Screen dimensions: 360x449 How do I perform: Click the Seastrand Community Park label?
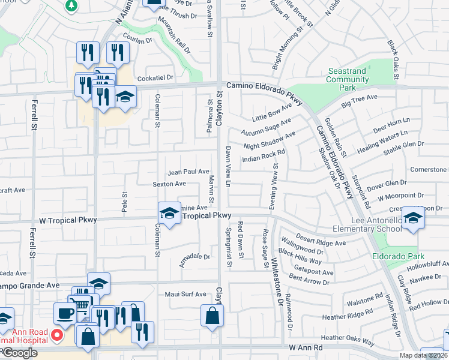point(347,79)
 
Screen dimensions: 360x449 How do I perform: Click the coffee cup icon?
point(65,313)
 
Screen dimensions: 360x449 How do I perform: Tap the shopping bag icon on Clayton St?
point(212,316)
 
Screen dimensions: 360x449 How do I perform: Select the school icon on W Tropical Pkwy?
point(169,213)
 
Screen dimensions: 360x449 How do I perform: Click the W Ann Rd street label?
point(306,347)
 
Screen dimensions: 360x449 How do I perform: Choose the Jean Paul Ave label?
point(188,172)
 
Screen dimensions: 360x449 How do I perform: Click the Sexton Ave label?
point(169,184)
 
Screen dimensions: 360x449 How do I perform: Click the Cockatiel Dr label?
point(155,77)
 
